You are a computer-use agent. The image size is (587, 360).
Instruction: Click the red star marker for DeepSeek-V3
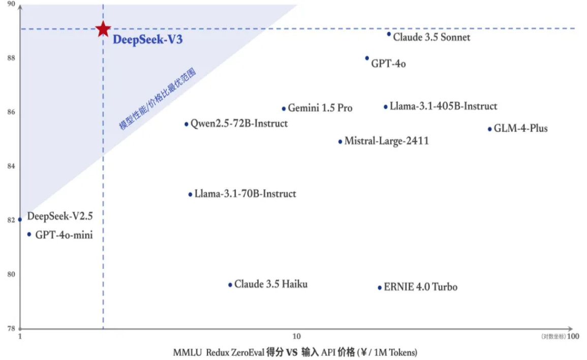103,29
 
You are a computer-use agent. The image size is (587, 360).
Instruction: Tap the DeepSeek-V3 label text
147,40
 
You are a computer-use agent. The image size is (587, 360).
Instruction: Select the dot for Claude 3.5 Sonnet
389,34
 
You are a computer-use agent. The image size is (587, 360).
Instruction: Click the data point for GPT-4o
367,58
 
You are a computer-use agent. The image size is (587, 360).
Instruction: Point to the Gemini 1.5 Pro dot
284,108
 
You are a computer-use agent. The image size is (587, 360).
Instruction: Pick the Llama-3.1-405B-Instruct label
443,106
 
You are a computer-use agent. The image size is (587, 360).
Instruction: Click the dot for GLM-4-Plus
489,129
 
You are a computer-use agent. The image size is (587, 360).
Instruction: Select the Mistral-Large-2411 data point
340,141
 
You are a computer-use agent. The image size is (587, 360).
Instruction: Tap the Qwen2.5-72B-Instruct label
239,124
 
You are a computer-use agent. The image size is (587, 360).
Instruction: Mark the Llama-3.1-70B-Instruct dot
190,194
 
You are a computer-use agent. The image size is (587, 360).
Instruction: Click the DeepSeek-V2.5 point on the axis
20,220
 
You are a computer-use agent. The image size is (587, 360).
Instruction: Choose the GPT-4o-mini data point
29,234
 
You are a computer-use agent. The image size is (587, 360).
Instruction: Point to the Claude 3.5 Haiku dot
230,285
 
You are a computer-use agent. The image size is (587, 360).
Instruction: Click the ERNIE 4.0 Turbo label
420,287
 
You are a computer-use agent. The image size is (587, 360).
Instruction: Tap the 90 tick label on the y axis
10,4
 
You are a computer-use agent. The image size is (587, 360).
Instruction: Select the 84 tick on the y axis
10,166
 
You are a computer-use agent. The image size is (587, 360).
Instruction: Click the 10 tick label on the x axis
296,336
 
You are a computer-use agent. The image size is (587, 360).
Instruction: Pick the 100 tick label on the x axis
573,336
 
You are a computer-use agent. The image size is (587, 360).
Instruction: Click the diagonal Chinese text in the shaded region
157,99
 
